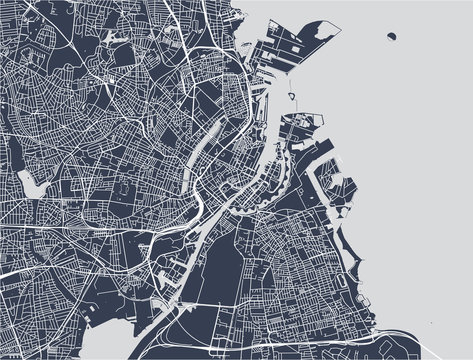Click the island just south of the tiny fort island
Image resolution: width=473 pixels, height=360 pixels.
click(x=295, y=125)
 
